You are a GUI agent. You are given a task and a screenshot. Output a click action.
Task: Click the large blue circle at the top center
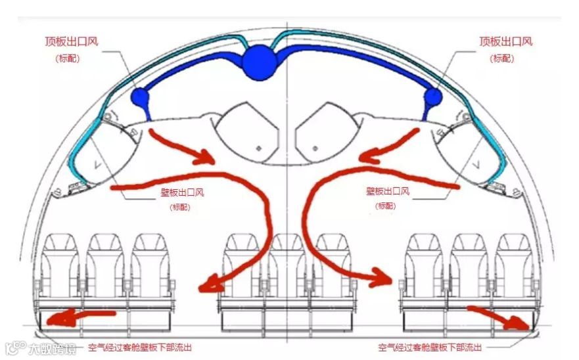tap(259, 62)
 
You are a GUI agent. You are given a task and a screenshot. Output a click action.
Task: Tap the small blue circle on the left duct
tap(141, 98)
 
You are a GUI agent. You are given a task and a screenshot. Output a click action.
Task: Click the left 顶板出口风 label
tap(76, 41)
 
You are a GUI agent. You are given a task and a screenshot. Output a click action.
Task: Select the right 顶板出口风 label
tap(505, 41)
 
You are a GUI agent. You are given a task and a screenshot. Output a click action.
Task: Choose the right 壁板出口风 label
tap(388, 191)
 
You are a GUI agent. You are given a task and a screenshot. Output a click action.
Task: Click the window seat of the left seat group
tap(60, 266)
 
